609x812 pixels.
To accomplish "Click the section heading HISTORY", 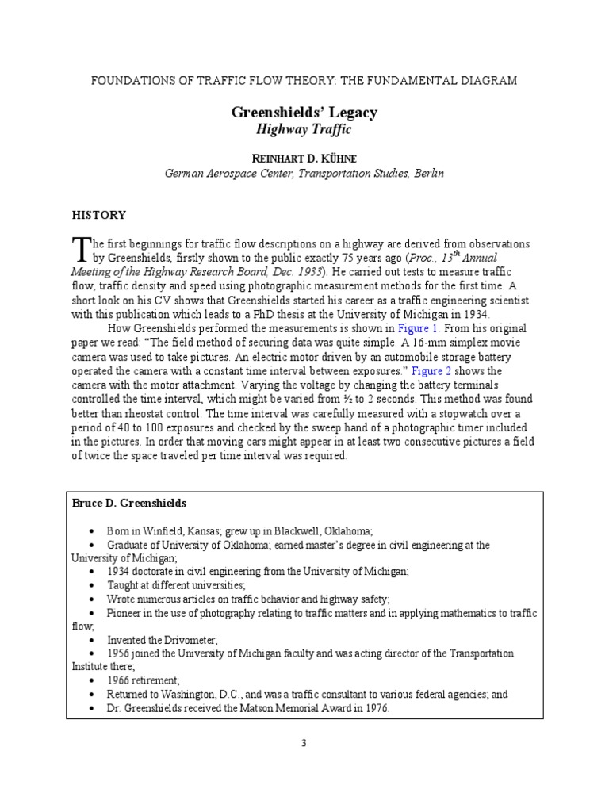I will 99,214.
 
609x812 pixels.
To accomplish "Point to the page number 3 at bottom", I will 304,742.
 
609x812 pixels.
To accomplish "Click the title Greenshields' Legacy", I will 304,113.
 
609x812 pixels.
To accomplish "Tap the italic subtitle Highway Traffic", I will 304,129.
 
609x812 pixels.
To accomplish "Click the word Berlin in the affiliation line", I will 428,173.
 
